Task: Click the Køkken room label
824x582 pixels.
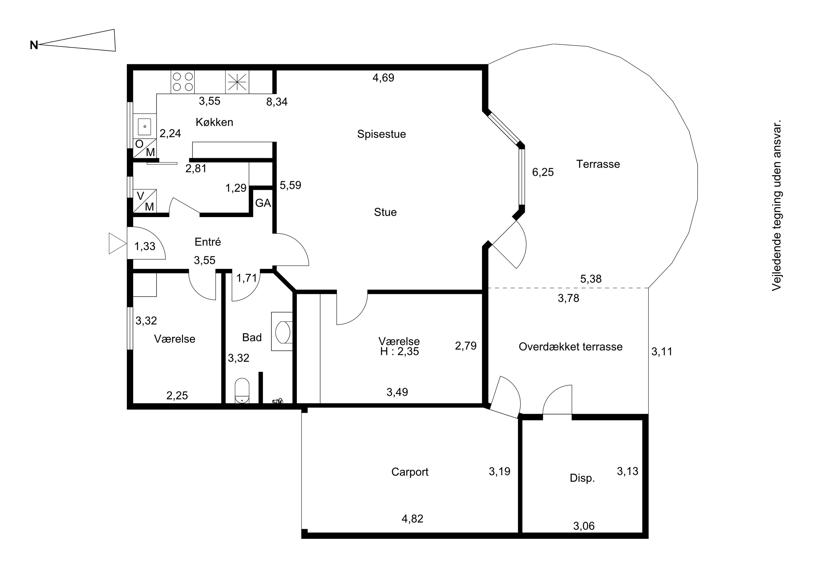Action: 214,122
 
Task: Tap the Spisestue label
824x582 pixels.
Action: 382,134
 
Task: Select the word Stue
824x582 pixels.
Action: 385,212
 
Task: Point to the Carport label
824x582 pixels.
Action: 410,472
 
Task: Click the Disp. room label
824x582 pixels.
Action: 582,478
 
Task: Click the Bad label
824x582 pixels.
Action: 252,338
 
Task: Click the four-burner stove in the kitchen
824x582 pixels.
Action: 183,82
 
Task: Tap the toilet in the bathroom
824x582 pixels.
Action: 242,391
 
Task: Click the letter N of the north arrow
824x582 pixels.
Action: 34,45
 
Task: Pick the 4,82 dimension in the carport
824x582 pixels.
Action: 412,519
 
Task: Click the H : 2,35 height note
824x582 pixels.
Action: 399,352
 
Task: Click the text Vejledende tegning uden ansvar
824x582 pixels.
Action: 777,206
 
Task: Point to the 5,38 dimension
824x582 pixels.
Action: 591,279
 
